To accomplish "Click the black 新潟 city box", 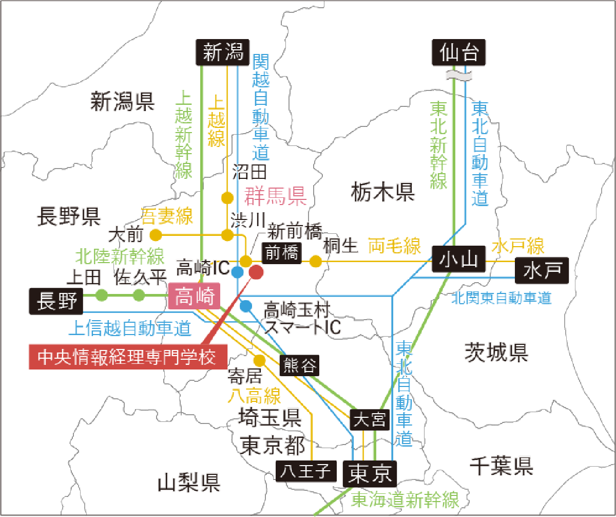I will pyautogui.click(x=223, y=52).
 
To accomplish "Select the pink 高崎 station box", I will pyautogui.click(x=194, y=297).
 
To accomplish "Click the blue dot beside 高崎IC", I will pyautogui.click(x=237, y=271).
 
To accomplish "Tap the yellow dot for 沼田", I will pyautogui.click(x=227, y=197).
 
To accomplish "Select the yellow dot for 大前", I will pyautogui.click(x=156, y=235).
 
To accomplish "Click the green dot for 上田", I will pyautogui.click(x=102, y=295).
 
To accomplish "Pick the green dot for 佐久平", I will pyautogui.click(x=139, y=295).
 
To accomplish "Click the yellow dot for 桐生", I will pyautogui.click(x=315, y=262).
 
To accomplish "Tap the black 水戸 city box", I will pyautogui.click(x=542, y=270).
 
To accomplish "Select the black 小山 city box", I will pyautogui.click(x=458, y=260).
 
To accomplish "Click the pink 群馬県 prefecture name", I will pyautogui.click(x=275, y=195).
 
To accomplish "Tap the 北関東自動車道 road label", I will pyautogui.click(x=501, y=298).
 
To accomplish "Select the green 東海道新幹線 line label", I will pyautogui.click(x=405, y=500).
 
